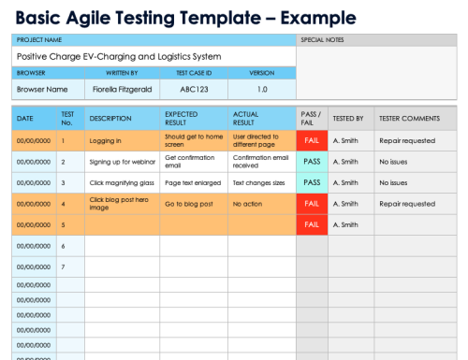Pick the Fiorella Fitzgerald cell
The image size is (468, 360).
[122, 89]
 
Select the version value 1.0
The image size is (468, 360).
[262, 89]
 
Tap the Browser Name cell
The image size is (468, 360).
[43, 89]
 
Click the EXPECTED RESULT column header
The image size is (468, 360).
[182, 119]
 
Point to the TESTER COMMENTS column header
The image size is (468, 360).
[409, 119]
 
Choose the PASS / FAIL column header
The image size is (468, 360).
[312, 119]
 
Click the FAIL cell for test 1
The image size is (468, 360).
[312, 141]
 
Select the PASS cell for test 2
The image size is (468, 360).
[312, 162]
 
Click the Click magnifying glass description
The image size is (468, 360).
[121, 182]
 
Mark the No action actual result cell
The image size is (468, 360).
[248, 203]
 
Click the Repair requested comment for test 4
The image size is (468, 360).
[407, 203]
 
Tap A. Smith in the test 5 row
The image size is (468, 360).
[345, 224]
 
